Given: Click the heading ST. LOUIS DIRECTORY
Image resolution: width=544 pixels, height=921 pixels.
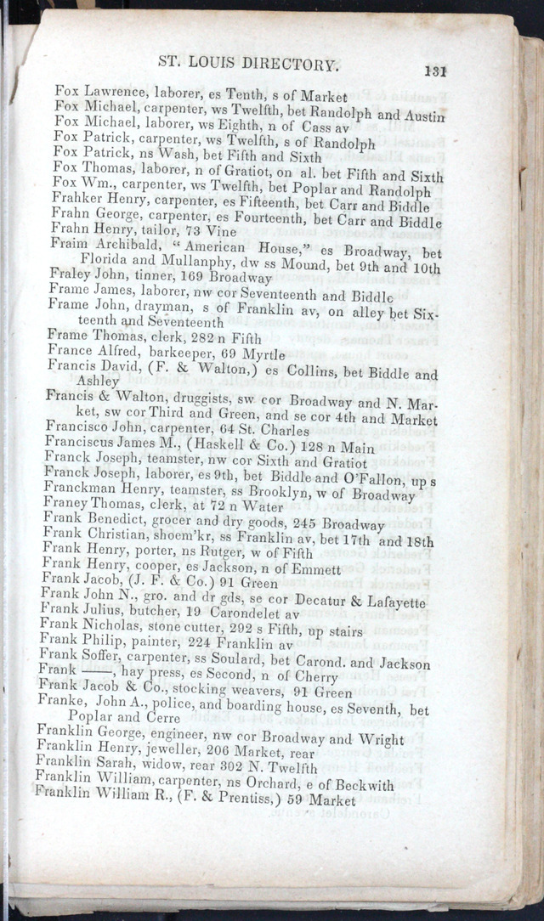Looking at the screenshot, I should coord(249,65).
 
